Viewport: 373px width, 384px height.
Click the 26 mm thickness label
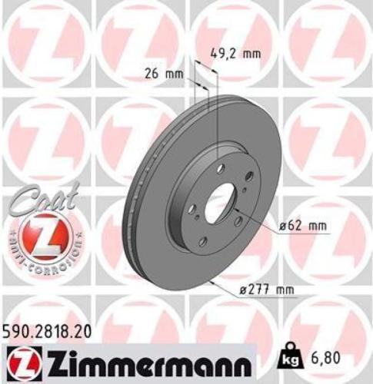coord(159,75)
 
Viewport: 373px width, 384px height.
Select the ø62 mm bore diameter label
coord(297,226)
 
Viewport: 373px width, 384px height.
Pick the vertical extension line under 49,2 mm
coord(218,115)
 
